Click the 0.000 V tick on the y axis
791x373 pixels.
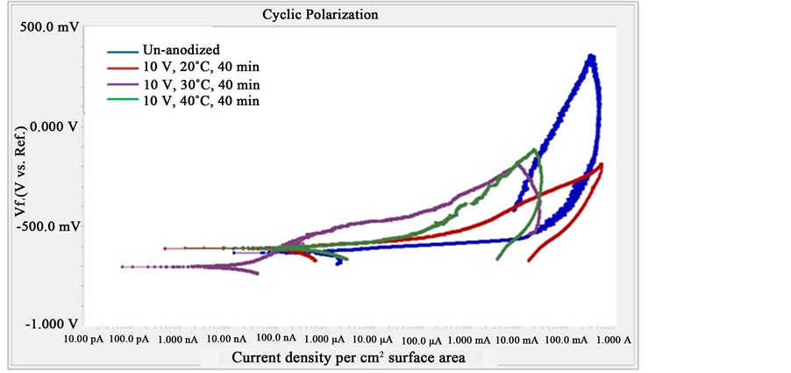pos(54,126)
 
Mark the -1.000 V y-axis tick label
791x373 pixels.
pos(52,324)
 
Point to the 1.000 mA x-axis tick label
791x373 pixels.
pos(470,340)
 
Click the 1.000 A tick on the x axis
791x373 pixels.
pos(614,340)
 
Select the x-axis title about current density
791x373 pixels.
pos(348,358)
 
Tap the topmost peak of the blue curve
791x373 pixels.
pos(592,57)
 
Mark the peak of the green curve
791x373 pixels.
pos(535,150)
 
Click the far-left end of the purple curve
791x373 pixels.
pos(123,266)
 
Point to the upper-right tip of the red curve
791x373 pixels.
pos(602,165)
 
